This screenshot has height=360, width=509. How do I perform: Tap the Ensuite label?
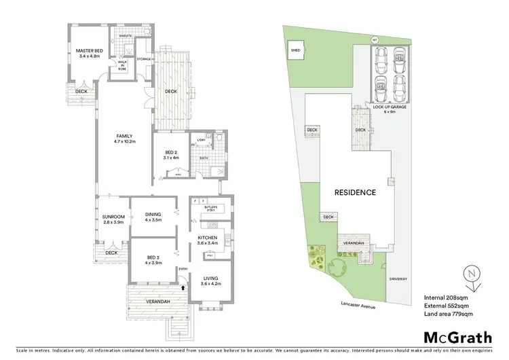(x=124, y=35)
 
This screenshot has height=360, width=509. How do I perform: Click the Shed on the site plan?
(x=296, y=50)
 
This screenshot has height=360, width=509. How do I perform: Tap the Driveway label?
(x=398, y=278)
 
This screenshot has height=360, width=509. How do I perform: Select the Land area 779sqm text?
(x=449, y=314)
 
